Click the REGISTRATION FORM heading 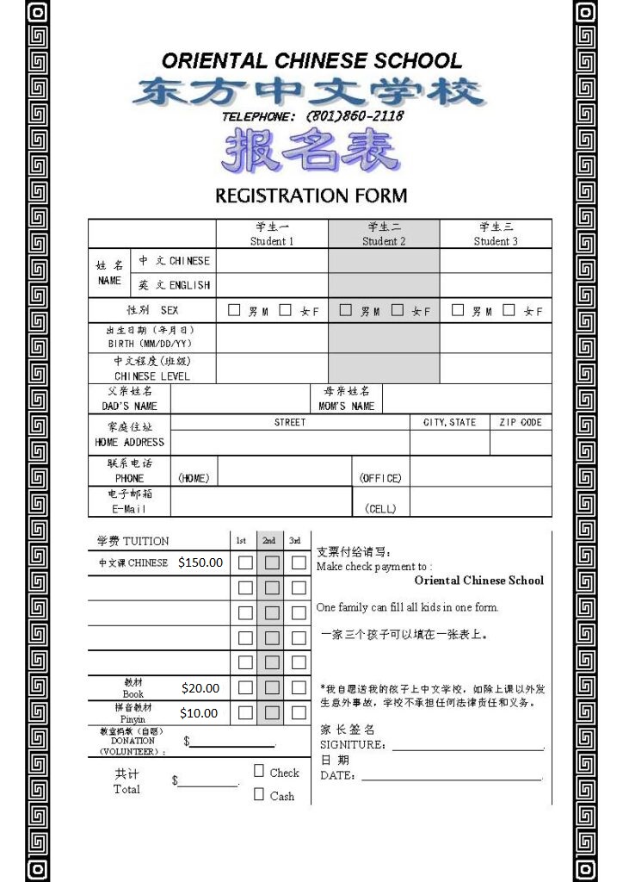311,196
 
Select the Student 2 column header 384,234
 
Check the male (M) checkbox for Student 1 234,310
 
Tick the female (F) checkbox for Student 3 509,310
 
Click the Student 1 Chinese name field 272,260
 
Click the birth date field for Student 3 496,337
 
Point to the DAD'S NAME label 129,406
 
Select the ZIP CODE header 521,422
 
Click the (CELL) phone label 380,509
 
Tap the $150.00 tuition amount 200,562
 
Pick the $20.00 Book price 200,688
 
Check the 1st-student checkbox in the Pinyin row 246,713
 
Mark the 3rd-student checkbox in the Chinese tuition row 299,562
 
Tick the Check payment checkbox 259,771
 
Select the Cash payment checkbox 259,794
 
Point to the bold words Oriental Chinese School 479,581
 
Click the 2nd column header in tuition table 269,541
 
